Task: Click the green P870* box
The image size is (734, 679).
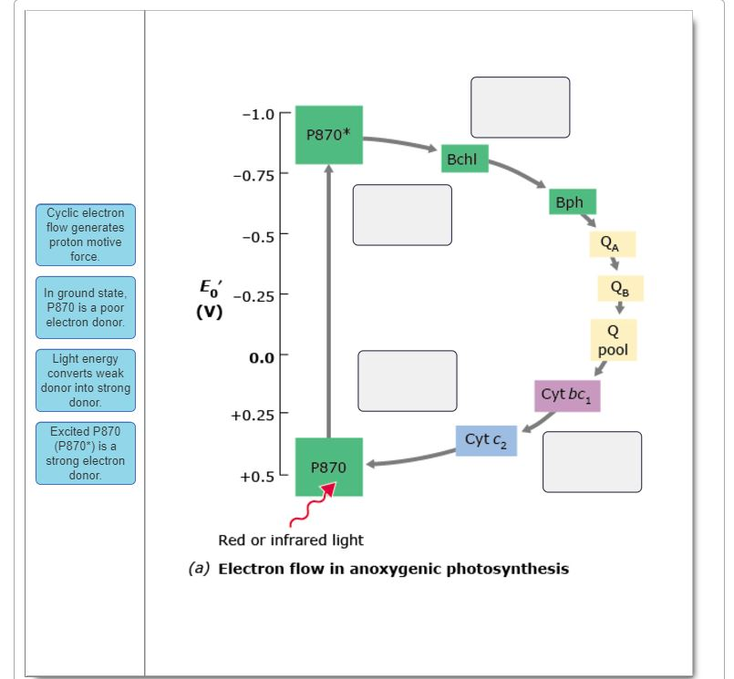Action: [328, 135]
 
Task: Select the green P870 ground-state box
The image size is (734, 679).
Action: [328, 467]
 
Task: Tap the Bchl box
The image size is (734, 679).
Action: [463, 159]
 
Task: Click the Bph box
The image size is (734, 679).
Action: [573, 202]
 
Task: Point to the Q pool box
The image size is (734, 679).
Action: [613, 340]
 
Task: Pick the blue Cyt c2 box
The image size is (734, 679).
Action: [486, 440]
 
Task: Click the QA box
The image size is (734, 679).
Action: [612, 243]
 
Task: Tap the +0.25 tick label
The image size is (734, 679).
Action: [253, 416]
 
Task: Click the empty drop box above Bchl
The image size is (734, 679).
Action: [520, 108]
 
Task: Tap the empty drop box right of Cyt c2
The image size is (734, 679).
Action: [592, 462]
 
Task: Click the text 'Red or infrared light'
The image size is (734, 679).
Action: [291, 540]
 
